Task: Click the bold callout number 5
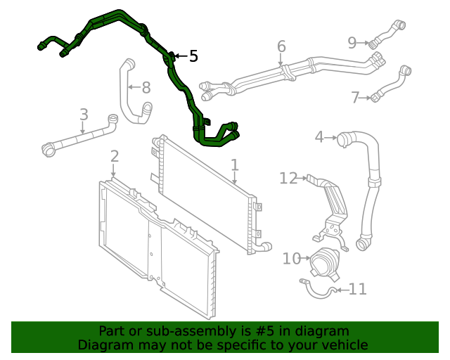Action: tap(193, 56)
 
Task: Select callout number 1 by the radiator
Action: tap(235, 165)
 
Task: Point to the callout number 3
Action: tap(319, 136)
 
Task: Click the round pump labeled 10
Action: tap(324, 265)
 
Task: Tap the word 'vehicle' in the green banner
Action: tap(344, 345)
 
